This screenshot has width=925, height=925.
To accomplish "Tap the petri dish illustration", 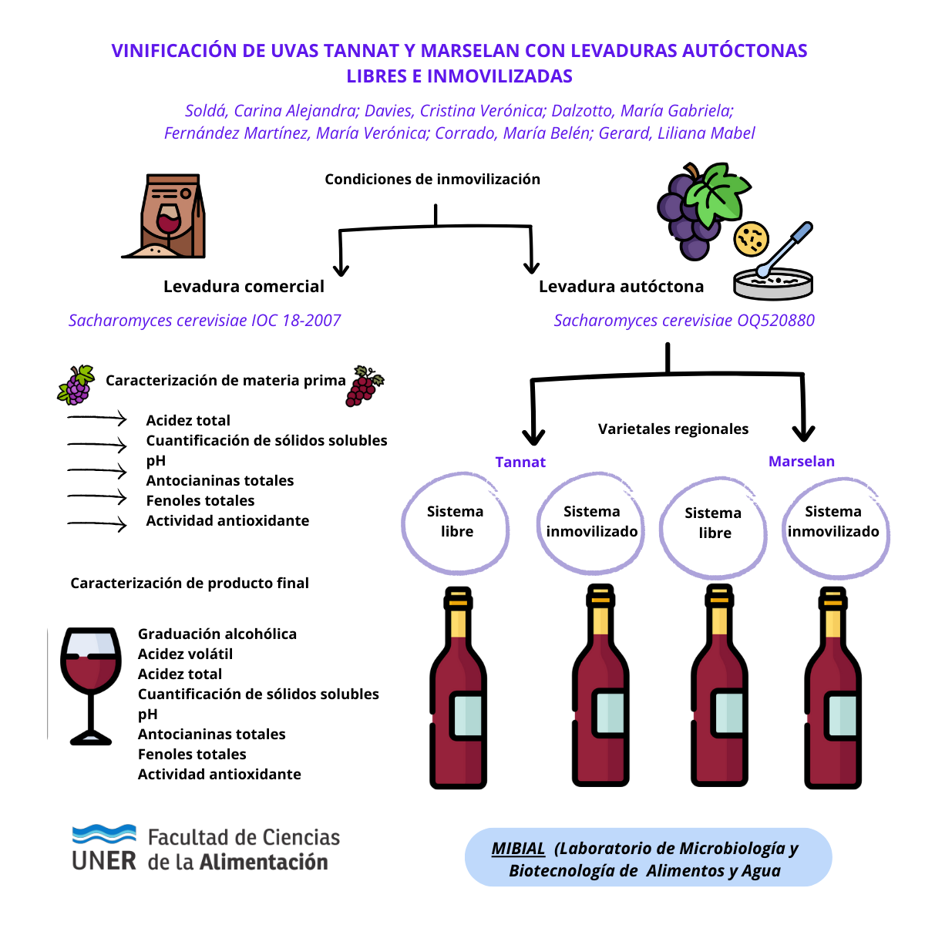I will pyautogui.click(x=772, y=284).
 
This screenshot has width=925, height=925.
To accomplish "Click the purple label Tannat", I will pyautogui.click(x=520, y=462).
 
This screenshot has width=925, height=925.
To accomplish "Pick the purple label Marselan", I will pyautogui.click(x=802, y=462).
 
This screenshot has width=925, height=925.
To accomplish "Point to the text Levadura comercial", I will pyautogui.click(x=244, y=287).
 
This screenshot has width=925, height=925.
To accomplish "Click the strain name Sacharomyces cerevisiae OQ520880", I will pyautogui.click(x=684, y=321).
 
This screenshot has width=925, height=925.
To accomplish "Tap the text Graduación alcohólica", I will pyautogui.click(x=217, y=634).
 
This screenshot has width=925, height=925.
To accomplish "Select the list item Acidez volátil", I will pyautogui.click(x=185, y=654).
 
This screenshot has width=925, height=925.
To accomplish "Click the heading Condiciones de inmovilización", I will pyautogui.click(x=432, y=180).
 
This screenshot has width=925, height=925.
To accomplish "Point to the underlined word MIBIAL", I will pyautogui.click(x=518, y=849).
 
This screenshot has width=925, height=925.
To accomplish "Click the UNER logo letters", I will pyautogui.click(x=104, y=860).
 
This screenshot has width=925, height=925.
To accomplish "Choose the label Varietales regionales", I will pyautogui.click(x=673, y=429).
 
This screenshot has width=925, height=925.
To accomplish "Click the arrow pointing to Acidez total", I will pyautogui.click(x=97, y=419).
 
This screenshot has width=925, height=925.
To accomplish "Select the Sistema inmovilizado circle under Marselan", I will pyautogui.click(x=835, y=527).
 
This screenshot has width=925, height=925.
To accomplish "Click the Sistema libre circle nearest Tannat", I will pyautogui.click(x=456, y=524).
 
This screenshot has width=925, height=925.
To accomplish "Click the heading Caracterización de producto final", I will pyautogui.click(x=190, y=584).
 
